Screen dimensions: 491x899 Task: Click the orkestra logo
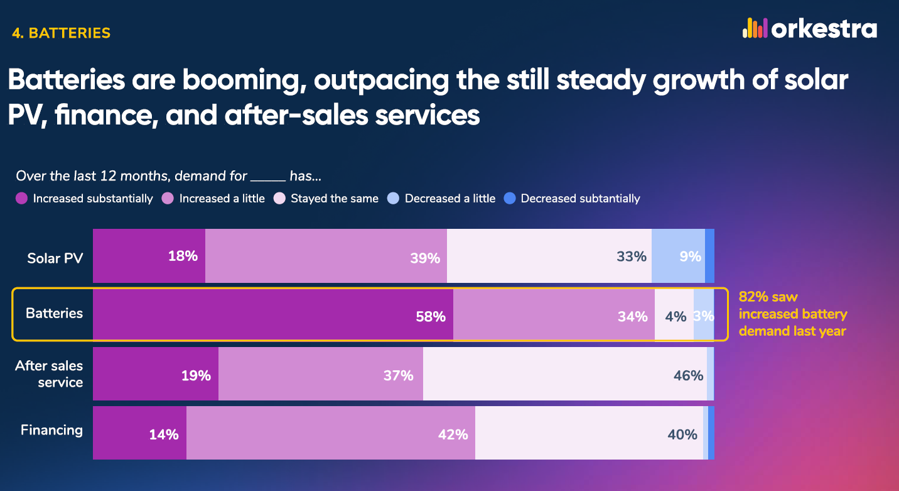pyautogui.click(x=809, y=29)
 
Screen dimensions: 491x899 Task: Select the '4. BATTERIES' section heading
pyautogui.click(x=61, y=33)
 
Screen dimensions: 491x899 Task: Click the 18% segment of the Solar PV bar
pyautogui.click(x=149, y=256)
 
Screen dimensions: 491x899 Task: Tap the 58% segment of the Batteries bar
pyautogui.click(x=273, y=314)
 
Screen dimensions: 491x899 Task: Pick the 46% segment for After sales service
pyautogui.click(x=564, y=374)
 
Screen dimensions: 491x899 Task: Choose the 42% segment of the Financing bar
pyautogui.click(x=331, y=433)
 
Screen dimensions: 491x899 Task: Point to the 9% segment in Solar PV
pyautogui.click(x=678, y=256)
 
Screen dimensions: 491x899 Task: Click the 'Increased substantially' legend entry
pyautogui.click(x=85, y=199)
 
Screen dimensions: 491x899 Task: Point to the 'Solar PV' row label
pyautogui.click(x=55, y=258)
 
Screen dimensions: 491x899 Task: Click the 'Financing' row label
pyautogui.click(x=52, y=430)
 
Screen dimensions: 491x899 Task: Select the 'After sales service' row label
pyautogui.click(x=49, y=374)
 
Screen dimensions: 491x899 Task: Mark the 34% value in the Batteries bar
pyautogui.click(x=632, y=317)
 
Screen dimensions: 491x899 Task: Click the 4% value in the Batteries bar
pyautogui.click(x=676, y=317)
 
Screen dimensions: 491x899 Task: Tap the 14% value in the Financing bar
pyautogui.click(x=164, y=434)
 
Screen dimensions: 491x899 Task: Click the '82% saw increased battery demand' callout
pyautogui.click(x=792, y=314)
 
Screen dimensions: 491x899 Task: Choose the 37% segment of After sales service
pyautogui.click(x=321, y=374)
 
